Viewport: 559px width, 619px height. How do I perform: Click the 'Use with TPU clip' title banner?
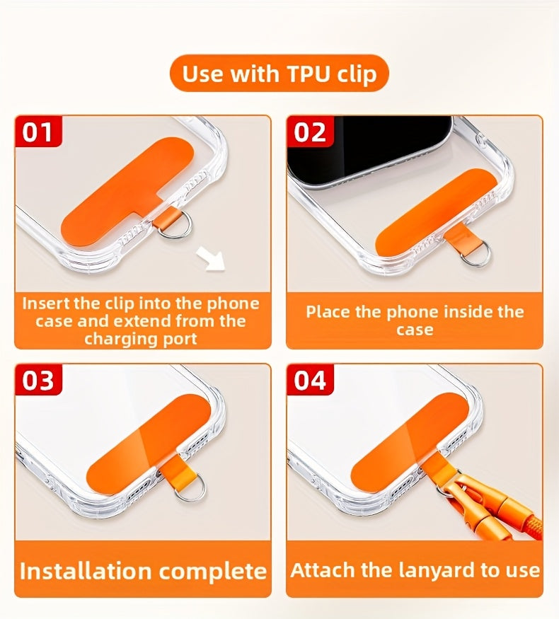click(x=279, y=74)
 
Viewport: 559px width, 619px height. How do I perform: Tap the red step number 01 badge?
click(x=38, y=132)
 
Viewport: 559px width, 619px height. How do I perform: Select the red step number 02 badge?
click(x=311, y=132)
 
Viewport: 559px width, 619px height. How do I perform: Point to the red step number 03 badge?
click(x=38, y=380)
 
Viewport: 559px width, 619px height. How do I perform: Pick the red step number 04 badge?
click(x=311, y=380)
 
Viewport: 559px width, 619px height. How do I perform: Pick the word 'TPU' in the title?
click(x=309, y=74)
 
